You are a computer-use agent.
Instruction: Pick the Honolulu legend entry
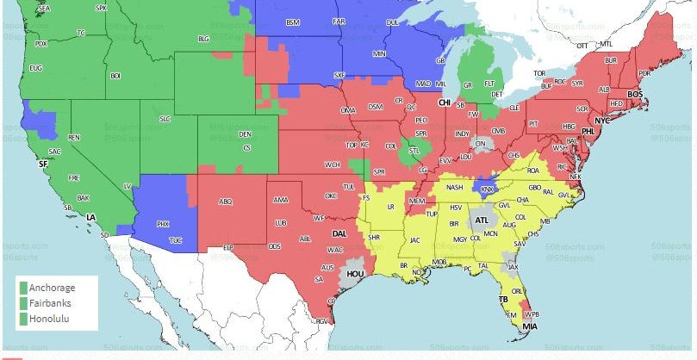50,319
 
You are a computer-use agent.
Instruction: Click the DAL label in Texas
339,233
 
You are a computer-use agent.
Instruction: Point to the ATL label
482,220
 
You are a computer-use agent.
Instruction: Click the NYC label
602,121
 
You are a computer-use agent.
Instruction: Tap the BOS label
635,94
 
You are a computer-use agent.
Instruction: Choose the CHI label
445,102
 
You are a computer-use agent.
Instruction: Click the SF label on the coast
43,163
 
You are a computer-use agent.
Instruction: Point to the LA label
90,216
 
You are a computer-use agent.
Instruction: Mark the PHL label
588,132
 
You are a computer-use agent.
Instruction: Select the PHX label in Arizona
163,224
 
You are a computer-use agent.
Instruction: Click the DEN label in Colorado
246,134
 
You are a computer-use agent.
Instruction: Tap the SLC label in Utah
165,117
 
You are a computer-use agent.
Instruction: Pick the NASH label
455,188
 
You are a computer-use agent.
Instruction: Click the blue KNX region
488,189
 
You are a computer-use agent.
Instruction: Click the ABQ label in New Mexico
226,202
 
